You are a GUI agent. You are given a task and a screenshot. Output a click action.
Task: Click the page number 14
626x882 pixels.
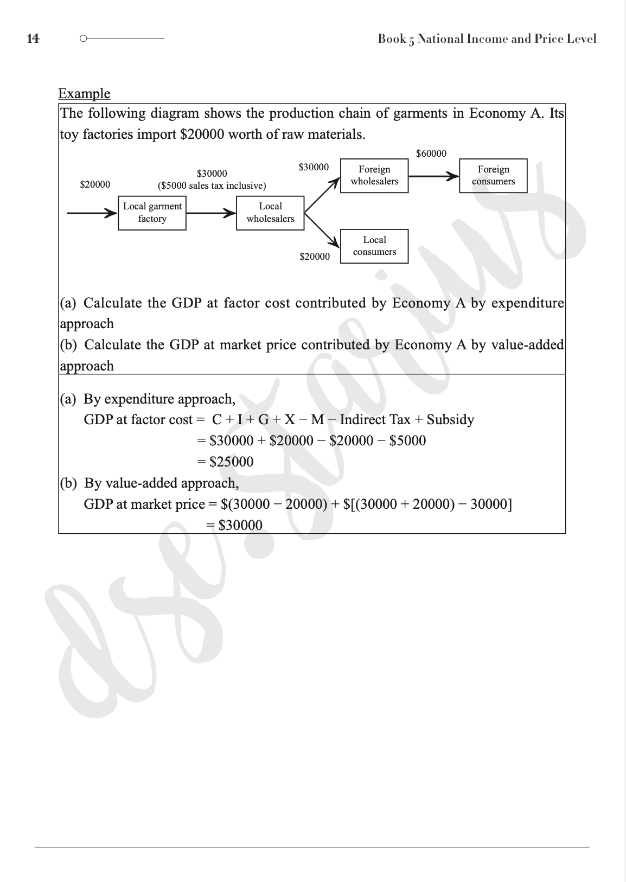(x=33, y=39)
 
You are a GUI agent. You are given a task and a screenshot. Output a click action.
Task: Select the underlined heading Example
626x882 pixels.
(x=84, y=93)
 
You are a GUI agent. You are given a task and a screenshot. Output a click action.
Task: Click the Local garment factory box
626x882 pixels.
(x=152, y=213)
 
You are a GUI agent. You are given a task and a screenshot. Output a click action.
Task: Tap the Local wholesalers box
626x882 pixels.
(x=270, y=213)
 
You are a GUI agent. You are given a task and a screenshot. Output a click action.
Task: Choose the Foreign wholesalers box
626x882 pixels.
(x=374, y=176)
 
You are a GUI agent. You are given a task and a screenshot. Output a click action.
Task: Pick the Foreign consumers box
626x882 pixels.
(x=493, y=176)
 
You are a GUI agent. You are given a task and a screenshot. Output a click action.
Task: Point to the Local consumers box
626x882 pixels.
(x=374, y=246)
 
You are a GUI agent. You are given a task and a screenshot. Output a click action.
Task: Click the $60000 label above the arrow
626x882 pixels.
(x=431, y=154)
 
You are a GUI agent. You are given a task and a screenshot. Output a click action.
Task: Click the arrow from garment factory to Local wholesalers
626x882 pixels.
(x=211, y=213)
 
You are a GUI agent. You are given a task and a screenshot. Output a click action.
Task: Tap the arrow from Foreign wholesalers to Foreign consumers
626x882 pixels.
(x=433, y=176)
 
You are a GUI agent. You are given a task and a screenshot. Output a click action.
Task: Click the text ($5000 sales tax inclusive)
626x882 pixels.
(x=212, y=186)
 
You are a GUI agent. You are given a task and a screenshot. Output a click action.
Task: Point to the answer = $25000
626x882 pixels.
(x=225, y=462)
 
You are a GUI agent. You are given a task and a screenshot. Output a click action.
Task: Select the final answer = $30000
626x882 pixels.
(x=234, y=525)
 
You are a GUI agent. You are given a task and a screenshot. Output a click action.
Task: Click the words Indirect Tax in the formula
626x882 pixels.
(x=375, y=419)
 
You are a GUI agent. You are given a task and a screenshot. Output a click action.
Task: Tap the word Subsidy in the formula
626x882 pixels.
(x=450, y=419)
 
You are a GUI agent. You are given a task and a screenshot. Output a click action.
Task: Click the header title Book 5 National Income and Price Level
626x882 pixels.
(x=487, y=39)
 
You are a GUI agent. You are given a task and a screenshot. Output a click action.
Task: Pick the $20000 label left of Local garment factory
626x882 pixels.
(x=95, y=184)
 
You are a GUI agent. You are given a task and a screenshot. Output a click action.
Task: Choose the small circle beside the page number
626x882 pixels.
(x=83, y=39)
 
